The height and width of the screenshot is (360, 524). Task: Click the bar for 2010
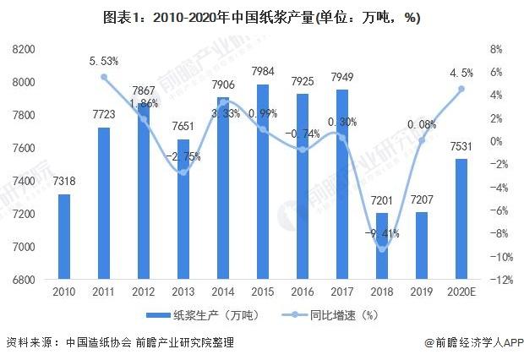[x=64, y=236]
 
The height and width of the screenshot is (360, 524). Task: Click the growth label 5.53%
[x=104, y=62]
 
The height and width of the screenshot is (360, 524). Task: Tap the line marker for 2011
[x=104, y=77]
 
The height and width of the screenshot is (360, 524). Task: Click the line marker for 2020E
[x=461, y=89]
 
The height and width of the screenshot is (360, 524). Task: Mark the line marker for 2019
[x=422, y=139]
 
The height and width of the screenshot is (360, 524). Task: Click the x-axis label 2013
[x=183, y=293]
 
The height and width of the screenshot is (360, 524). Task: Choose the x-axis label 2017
[x=341, y=293]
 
